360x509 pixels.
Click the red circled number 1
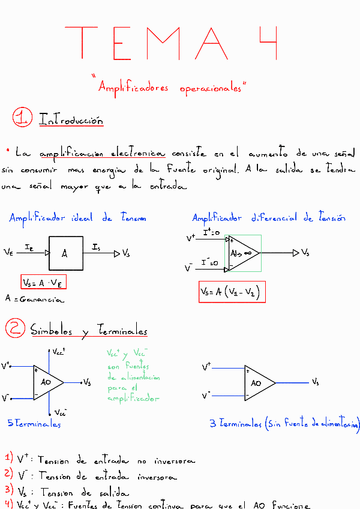pyautogui.click(x=22, y=117)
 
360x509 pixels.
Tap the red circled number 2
pyautogui.click(x=14, y=328)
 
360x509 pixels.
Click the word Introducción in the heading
pyautogui.click(x=71, y=119)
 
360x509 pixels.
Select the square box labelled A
pyautogui.click(x=65, y=253)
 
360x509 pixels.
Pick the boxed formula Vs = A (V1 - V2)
pyautogui.click(x=232, y=292)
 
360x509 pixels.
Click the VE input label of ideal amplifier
pyautogui.click(x=8, y=253)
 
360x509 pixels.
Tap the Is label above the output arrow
pyautogui.click(x=97, y=247)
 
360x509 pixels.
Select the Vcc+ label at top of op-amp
pyautogui.click(x=58, y=352)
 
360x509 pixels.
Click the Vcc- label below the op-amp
pyautogui.click(x=59, y=413)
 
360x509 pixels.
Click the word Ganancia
pyautogui.click(x=43, y=298)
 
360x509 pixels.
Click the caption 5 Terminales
pyautogui.click(x=34, y=424)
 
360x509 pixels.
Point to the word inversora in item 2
pyautogui.click(x=157, y=477)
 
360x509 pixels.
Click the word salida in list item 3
pyautogui.click(x=112, y=492)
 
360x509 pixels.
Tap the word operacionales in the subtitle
pyautogui.click(x=209, y=88)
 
